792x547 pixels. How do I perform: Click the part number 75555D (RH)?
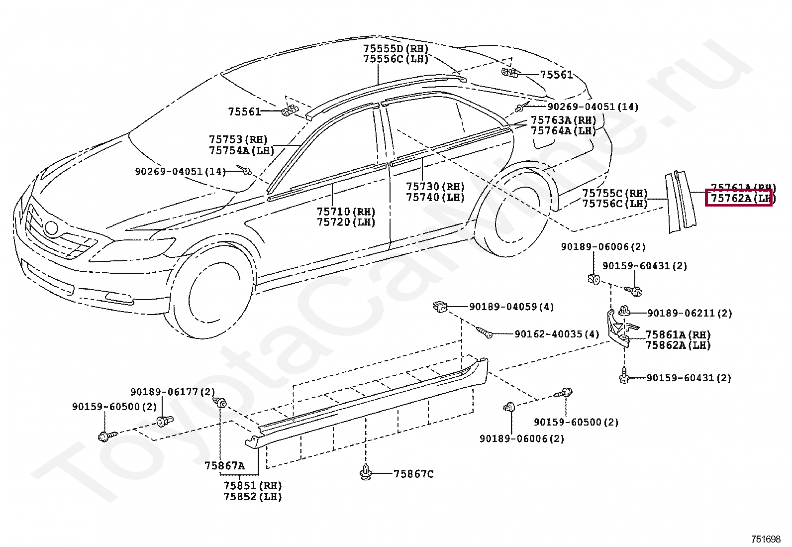(396, 49)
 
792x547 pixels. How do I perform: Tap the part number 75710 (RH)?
(346, 212)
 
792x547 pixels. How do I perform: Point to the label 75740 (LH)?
(435, 197)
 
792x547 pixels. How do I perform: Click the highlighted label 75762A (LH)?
(740, 198)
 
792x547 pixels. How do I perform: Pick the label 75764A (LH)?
(563, 131)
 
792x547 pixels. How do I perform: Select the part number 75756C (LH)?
(615, 204)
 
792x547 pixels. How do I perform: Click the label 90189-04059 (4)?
(511, 307)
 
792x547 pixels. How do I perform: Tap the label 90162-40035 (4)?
(557, 334)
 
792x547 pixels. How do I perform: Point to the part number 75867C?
(413, 474)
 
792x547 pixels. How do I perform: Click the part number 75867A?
(224, 466)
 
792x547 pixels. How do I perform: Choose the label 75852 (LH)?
(252, 496)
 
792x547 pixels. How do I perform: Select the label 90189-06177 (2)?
(173, 392)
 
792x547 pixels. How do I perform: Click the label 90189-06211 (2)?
(689, 313)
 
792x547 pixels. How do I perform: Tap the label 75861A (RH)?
(678, 335)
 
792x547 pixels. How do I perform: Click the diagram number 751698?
(766, 539)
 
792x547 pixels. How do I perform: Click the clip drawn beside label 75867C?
(366, 473)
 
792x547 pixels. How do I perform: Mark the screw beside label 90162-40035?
(484, 332)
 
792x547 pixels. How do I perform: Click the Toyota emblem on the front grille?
(51, 228)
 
